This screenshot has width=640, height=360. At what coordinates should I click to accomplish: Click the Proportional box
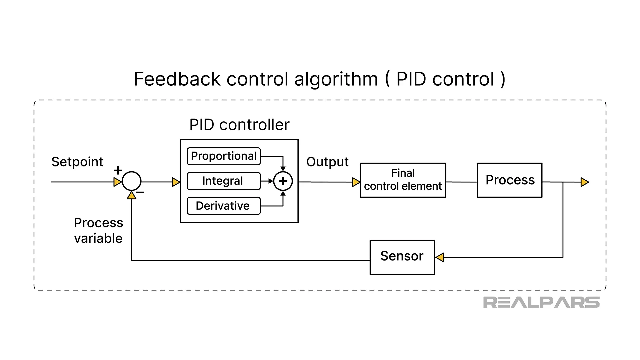[224, 156]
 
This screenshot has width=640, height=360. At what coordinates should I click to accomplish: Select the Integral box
[224, 181]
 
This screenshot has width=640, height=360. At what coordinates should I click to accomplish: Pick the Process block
[510, 180]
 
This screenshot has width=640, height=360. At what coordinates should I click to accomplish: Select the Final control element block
[403, 180]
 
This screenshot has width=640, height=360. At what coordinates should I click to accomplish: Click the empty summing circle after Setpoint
[132, 181]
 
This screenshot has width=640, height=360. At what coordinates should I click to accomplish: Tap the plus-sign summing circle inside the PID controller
[283, 181]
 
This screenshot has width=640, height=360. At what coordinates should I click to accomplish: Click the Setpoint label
[77, 162]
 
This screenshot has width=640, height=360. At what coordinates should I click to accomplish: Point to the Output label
[327, 162]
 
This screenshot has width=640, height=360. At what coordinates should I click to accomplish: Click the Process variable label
[98, 230]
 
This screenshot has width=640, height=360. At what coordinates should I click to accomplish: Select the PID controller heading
[239, 125]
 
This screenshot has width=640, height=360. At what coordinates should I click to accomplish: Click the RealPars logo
[541, 302]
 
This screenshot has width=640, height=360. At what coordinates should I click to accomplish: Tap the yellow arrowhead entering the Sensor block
[440, 257]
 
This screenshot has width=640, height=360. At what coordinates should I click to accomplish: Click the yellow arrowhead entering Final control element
[356, 182]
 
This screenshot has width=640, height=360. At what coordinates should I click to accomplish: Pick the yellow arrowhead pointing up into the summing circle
[132, 196]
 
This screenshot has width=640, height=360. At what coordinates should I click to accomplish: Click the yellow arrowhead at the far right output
[585, 182]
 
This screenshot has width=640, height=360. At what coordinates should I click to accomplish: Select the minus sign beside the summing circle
[140, 192]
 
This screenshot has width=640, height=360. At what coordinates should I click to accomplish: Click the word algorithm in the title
[336, 79]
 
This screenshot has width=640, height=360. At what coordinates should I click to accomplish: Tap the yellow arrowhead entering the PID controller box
[176, 182]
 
